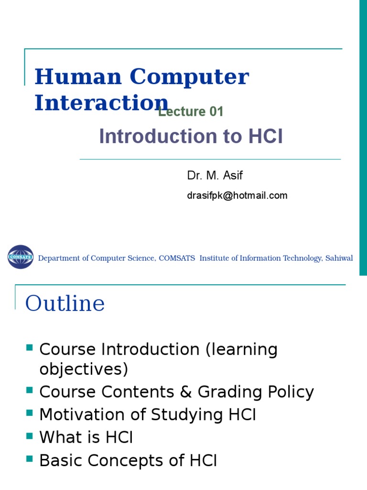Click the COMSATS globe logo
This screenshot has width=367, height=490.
pyautogui.click(x=21, y=257)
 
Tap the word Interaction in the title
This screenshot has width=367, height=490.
pyautogui.click(x=101, y=103)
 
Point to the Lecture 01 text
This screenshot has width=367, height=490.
pyautogui.click(x=191, y=112)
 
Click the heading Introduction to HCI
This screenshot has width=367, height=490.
pyautogui.click(x=191, y=137)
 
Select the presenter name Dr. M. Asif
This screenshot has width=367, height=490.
pyautogui.click(x=215, y=176)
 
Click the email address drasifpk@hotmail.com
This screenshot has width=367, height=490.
pyautogui.click(x=237, y=195)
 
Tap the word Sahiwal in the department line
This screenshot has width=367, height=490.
pyautogui.click(x=340, y=258)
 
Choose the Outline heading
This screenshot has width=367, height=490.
pyautogui.click(x=65, y=303)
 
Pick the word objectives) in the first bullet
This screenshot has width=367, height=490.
pyautogui.click(x=84, y=369)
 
